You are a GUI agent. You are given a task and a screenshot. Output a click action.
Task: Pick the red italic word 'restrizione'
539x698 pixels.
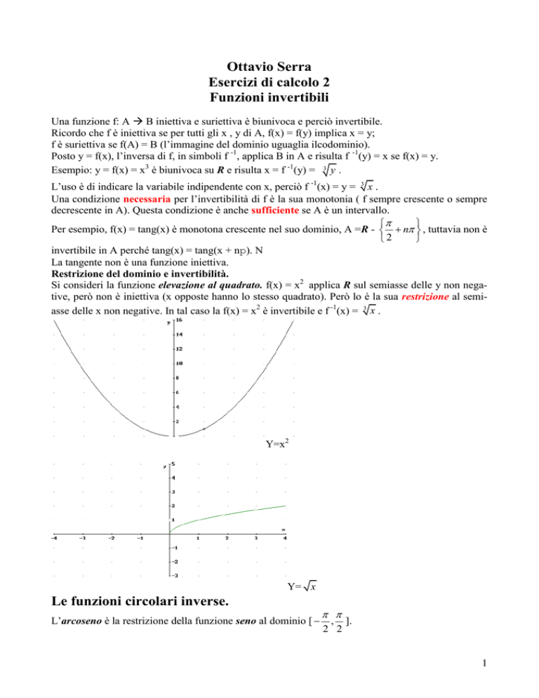[432, 298]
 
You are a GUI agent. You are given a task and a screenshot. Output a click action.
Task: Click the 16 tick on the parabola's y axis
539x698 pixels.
[180, 320]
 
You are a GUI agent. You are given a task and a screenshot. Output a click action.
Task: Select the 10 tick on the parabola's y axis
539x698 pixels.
[180, 364]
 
